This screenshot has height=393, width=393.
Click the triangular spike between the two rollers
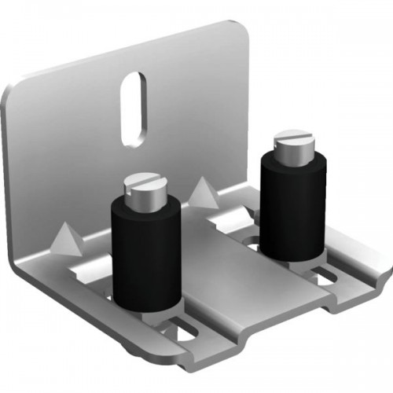[203, 191]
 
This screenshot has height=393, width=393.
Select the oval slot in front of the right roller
[324, 276]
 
